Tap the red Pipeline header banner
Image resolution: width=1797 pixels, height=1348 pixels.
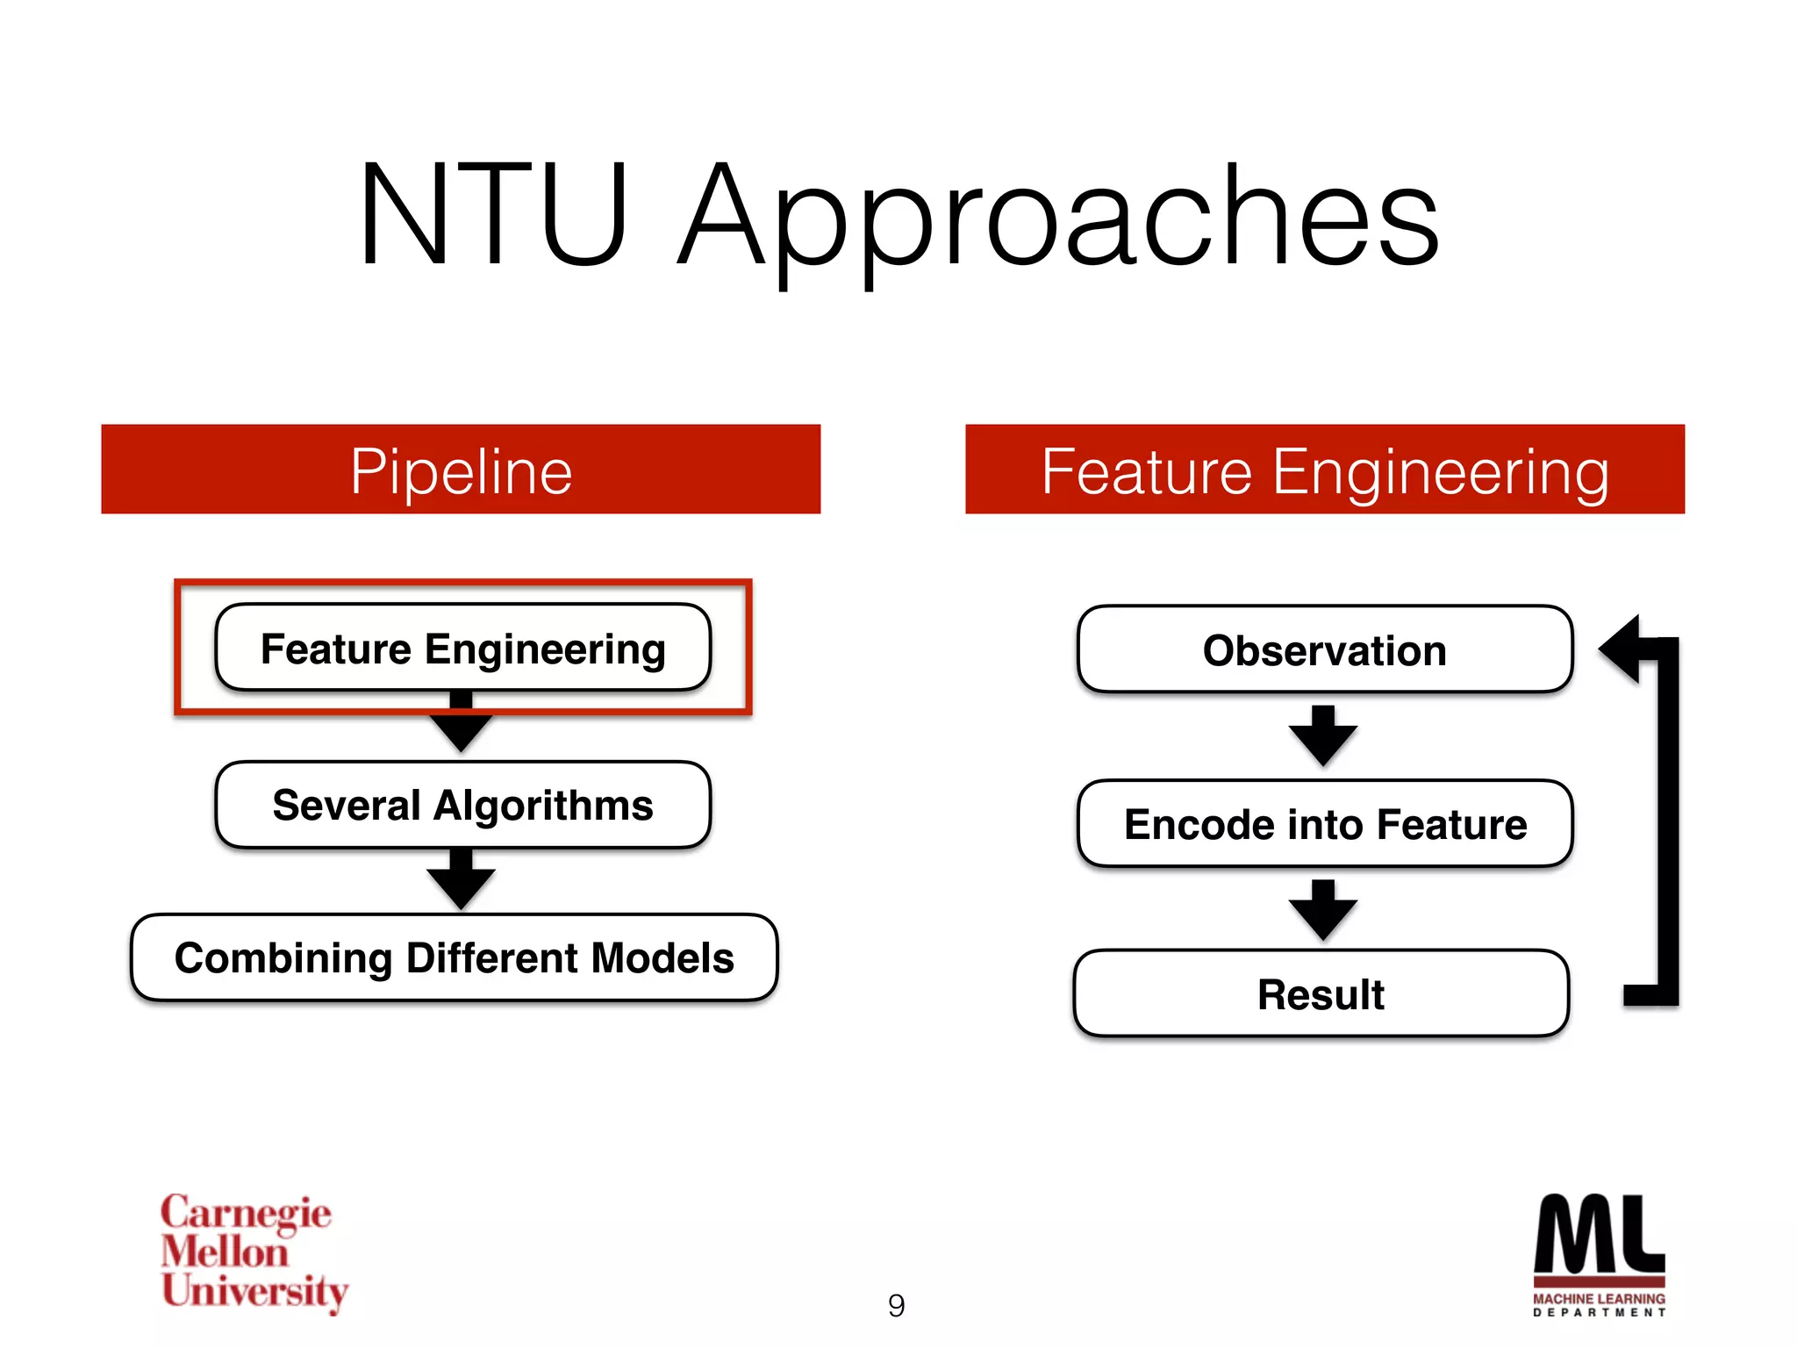[461, 470]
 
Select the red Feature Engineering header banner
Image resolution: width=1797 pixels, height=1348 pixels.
[1325, 470]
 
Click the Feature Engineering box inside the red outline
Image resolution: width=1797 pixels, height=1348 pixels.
[462, 649]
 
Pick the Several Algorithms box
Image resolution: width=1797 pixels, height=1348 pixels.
[462, 805]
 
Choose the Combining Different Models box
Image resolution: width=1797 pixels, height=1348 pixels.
[454, 957]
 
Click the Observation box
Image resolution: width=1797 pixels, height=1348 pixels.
[1325, 649]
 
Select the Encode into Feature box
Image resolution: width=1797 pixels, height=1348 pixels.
[1325, 824]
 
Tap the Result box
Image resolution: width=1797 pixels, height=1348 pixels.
[1321, 993]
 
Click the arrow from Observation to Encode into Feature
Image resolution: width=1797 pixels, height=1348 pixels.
[1323, 735]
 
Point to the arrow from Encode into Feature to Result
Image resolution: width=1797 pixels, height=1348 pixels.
[1323, 910]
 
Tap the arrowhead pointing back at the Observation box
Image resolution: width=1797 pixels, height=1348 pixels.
[1622, 649]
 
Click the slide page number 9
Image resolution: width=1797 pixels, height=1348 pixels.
[896, 1305]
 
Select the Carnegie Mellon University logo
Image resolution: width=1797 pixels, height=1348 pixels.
[254, 1252]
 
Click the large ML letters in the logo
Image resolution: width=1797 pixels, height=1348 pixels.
[1599, 1233]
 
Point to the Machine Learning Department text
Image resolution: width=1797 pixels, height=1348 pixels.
[1599, 1304]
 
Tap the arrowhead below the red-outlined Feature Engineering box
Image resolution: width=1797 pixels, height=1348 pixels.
[461, 731]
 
